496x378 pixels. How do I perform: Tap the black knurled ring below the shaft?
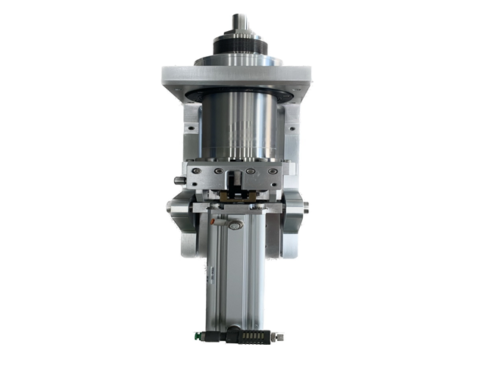click(240, 47)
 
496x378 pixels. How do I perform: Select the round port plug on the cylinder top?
click(236, 225)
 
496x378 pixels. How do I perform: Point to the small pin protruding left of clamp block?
click(178, 180)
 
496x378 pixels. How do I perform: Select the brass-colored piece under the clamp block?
click(236, 198)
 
